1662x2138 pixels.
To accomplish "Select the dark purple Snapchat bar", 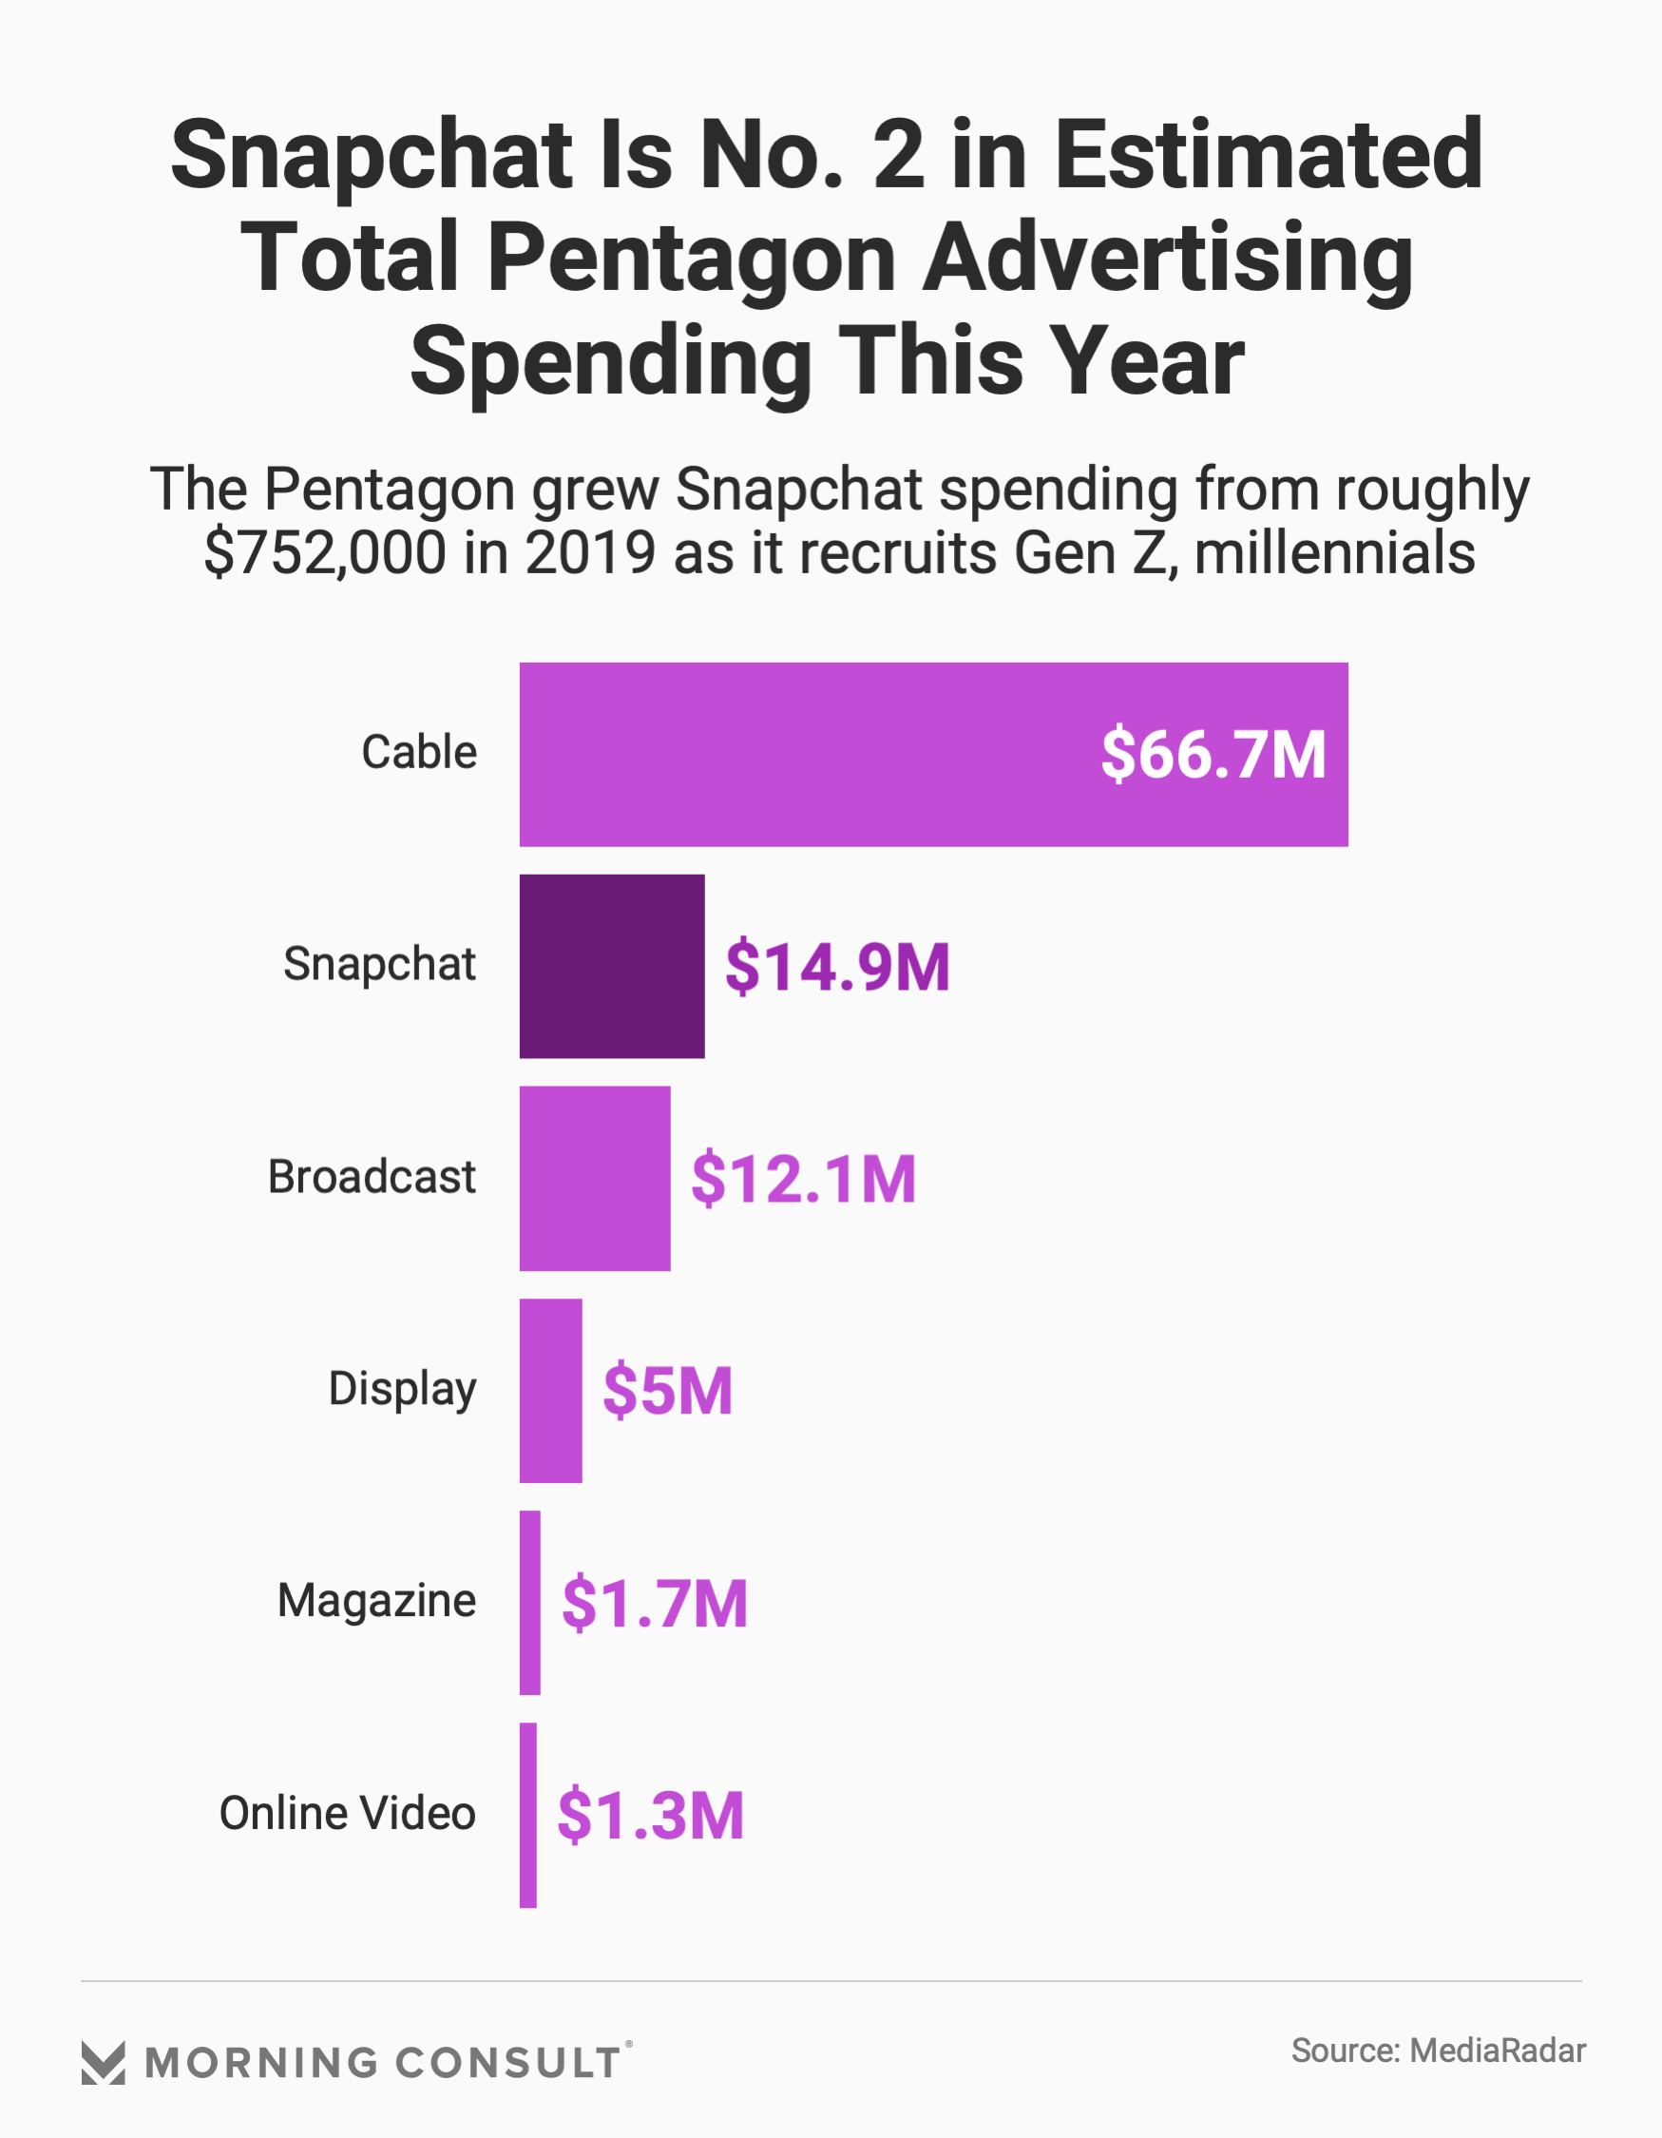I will [x=612, y=966].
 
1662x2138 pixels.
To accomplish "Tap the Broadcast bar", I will [x=595, y=1178].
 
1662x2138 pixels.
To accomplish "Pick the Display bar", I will [x=550, y=1390].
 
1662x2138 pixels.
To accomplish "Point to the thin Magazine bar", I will [x=529, y=1603].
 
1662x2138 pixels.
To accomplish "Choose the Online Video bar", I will [x=527, y=1815].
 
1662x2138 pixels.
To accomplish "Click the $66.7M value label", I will [x=1213, y=755].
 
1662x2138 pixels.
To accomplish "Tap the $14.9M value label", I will [x=837, y=967].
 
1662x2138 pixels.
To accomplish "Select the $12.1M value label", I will [x=804, y=1179].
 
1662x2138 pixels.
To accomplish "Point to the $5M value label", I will [x=667, y=1391].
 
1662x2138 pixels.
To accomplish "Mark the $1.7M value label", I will [x=654, y=1604].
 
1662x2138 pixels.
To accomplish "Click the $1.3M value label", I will [x=651, y=1816].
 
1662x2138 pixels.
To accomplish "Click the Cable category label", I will [x=419, y=753].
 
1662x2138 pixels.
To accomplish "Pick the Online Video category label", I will [x=348, y=1814].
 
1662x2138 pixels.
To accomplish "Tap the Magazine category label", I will [x=377, y=1602].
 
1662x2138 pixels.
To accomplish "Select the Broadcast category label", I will [x=372, y=1177].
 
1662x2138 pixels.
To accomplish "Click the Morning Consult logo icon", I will [x=103, y=2064].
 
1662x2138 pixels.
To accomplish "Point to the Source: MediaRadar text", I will [x=1438, y=2051].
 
